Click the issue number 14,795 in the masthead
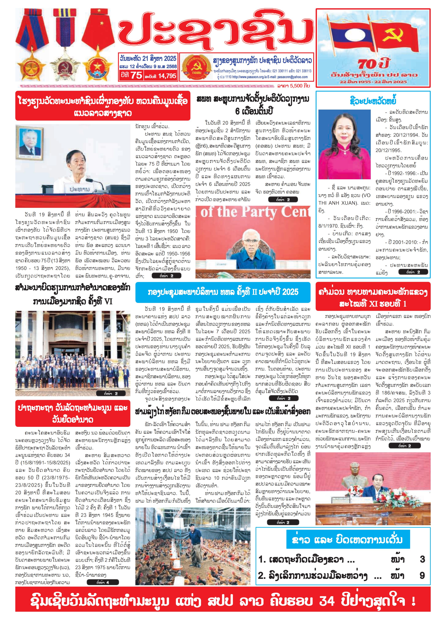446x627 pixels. [x=167, y=76]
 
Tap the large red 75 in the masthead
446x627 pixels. [x=136, y=75]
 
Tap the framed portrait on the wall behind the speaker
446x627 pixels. [x=29, y=143]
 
